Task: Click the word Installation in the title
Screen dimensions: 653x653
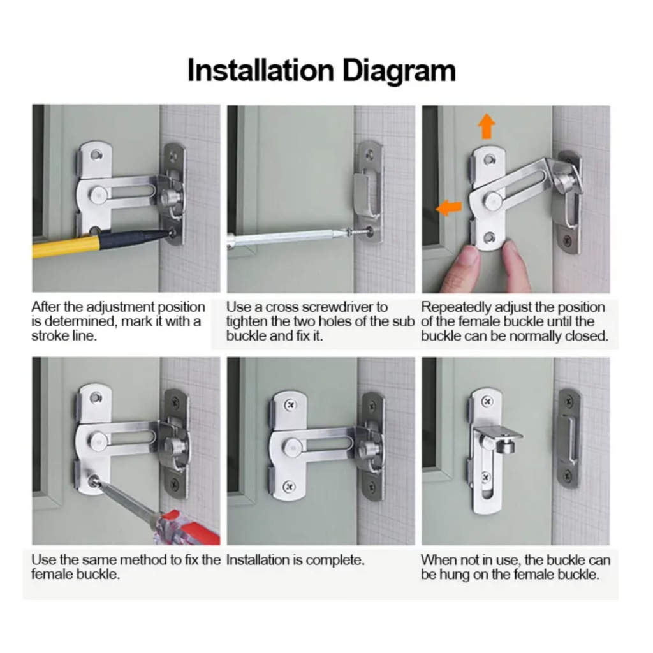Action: [261, 70]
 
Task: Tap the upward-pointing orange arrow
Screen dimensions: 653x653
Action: [486, 126]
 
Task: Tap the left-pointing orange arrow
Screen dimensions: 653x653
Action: [449, 207]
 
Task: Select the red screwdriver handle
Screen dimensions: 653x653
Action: [187, 527]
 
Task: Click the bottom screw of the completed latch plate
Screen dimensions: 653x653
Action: [290, 487]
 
